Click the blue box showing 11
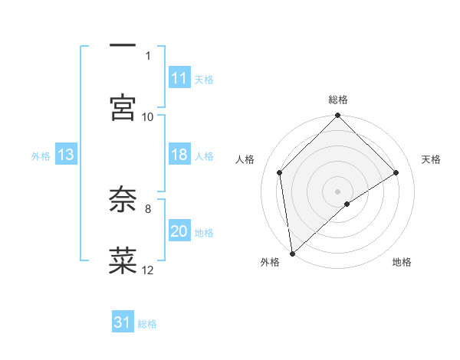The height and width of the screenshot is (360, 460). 179,78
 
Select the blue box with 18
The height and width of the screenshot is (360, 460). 179,155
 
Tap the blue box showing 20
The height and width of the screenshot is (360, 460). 179,231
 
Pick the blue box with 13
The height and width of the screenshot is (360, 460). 66,155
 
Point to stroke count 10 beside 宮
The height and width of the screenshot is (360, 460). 148,116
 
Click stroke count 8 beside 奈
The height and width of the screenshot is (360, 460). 148,208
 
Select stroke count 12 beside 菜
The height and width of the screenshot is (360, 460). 148,270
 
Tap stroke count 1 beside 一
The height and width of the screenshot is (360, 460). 148,55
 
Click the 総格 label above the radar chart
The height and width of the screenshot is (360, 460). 338,100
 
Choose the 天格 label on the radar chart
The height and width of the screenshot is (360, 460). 432,159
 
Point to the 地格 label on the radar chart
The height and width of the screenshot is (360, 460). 402,262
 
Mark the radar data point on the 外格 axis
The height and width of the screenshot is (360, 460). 292,254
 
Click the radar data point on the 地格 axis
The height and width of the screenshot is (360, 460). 347,204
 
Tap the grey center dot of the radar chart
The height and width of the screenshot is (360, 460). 338,191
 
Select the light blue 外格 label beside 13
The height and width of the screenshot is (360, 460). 41,155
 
